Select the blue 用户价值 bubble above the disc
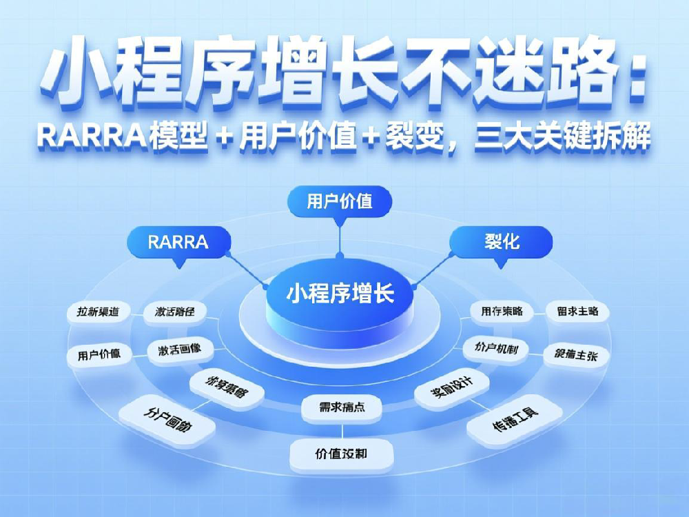[x=340, y=201]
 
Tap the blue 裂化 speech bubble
[x=502, y=242]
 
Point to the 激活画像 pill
[x=180, y=350]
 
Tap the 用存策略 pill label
[x=502, y=312]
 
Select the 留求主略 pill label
[x=577, y=312]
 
